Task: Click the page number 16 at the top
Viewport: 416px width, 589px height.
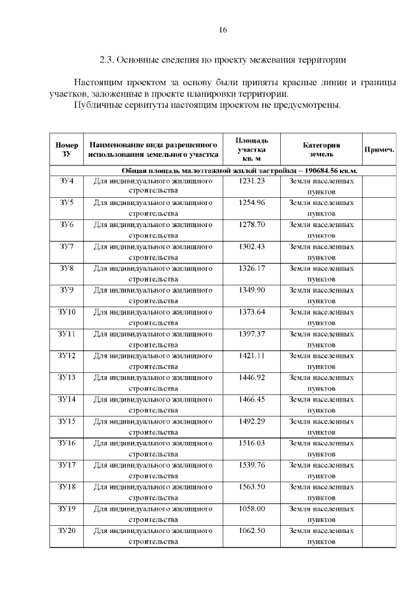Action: tap(222, 30)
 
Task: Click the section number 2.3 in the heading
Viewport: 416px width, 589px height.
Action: tap(107, 60)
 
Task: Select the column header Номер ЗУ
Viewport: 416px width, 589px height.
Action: tap(67, 150)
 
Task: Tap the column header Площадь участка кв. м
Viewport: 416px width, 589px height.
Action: tap(252, 150)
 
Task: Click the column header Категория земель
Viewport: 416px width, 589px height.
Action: tap(321, 150)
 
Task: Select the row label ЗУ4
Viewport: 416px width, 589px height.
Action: tap(67, 181)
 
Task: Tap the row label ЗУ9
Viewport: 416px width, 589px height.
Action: tap(67, 290)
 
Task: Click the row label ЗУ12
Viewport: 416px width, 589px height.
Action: tap(67, 356)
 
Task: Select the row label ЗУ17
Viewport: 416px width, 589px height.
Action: tap(67, 465)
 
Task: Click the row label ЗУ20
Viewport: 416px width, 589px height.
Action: tap(67, 530)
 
